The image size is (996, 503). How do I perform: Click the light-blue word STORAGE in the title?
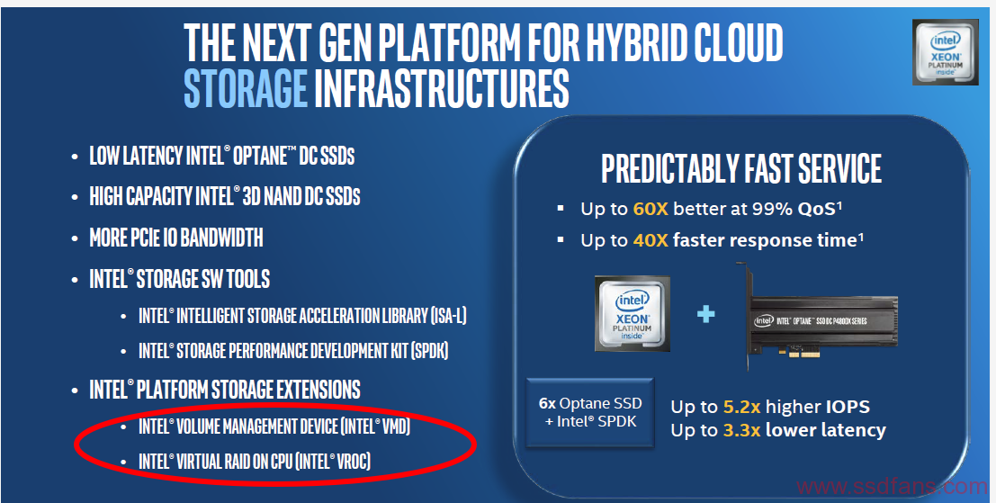246,90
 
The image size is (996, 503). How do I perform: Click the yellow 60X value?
651,209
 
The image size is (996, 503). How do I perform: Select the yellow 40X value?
651,240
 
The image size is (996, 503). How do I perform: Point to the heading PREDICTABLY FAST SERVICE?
740,168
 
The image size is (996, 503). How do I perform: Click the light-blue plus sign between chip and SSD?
705,314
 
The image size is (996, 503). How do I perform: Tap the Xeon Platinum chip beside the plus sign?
632,314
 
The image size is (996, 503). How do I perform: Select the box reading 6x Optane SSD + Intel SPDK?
590,412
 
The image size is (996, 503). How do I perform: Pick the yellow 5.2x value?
742,407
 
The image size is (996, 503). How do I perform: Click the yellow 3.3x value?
742,431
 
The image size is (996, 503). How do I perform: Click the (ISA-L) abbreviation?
448,316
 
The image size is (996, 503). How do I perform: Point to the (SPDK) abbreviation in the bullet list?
429,351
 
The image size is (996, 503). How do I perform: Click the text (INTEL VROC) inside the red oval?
332,461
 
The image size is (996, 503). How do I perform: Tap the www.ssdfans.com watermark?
892,487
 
